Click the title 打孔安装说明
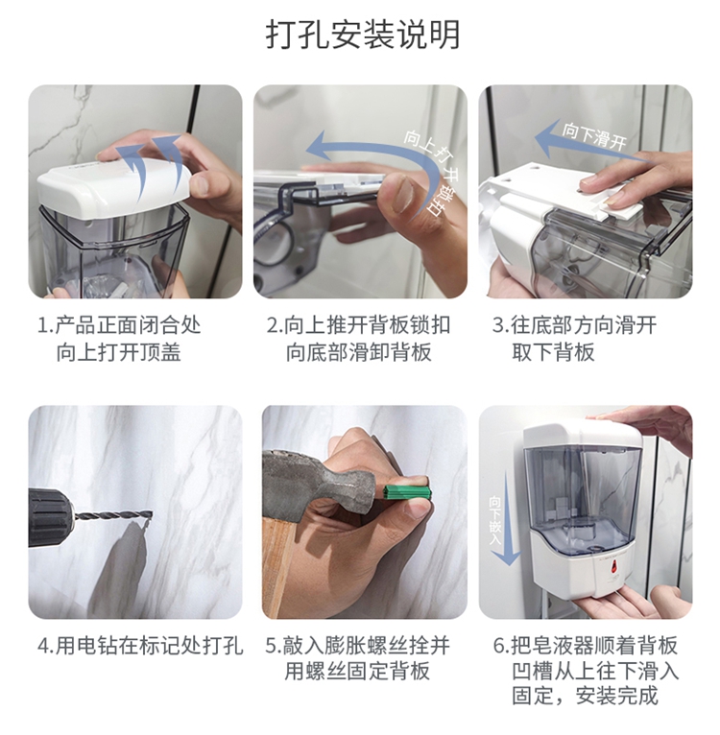363,35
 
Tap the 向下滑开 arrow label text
594,136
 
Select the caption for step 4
140,646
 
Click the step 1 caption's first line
119,325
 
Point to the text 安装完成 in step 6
617,696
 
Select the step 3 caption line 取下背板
554,351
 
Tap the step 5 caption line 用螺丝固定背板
357,671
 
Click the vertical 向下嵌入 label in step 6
495,521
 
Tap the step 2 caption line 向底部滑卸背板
358,351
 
